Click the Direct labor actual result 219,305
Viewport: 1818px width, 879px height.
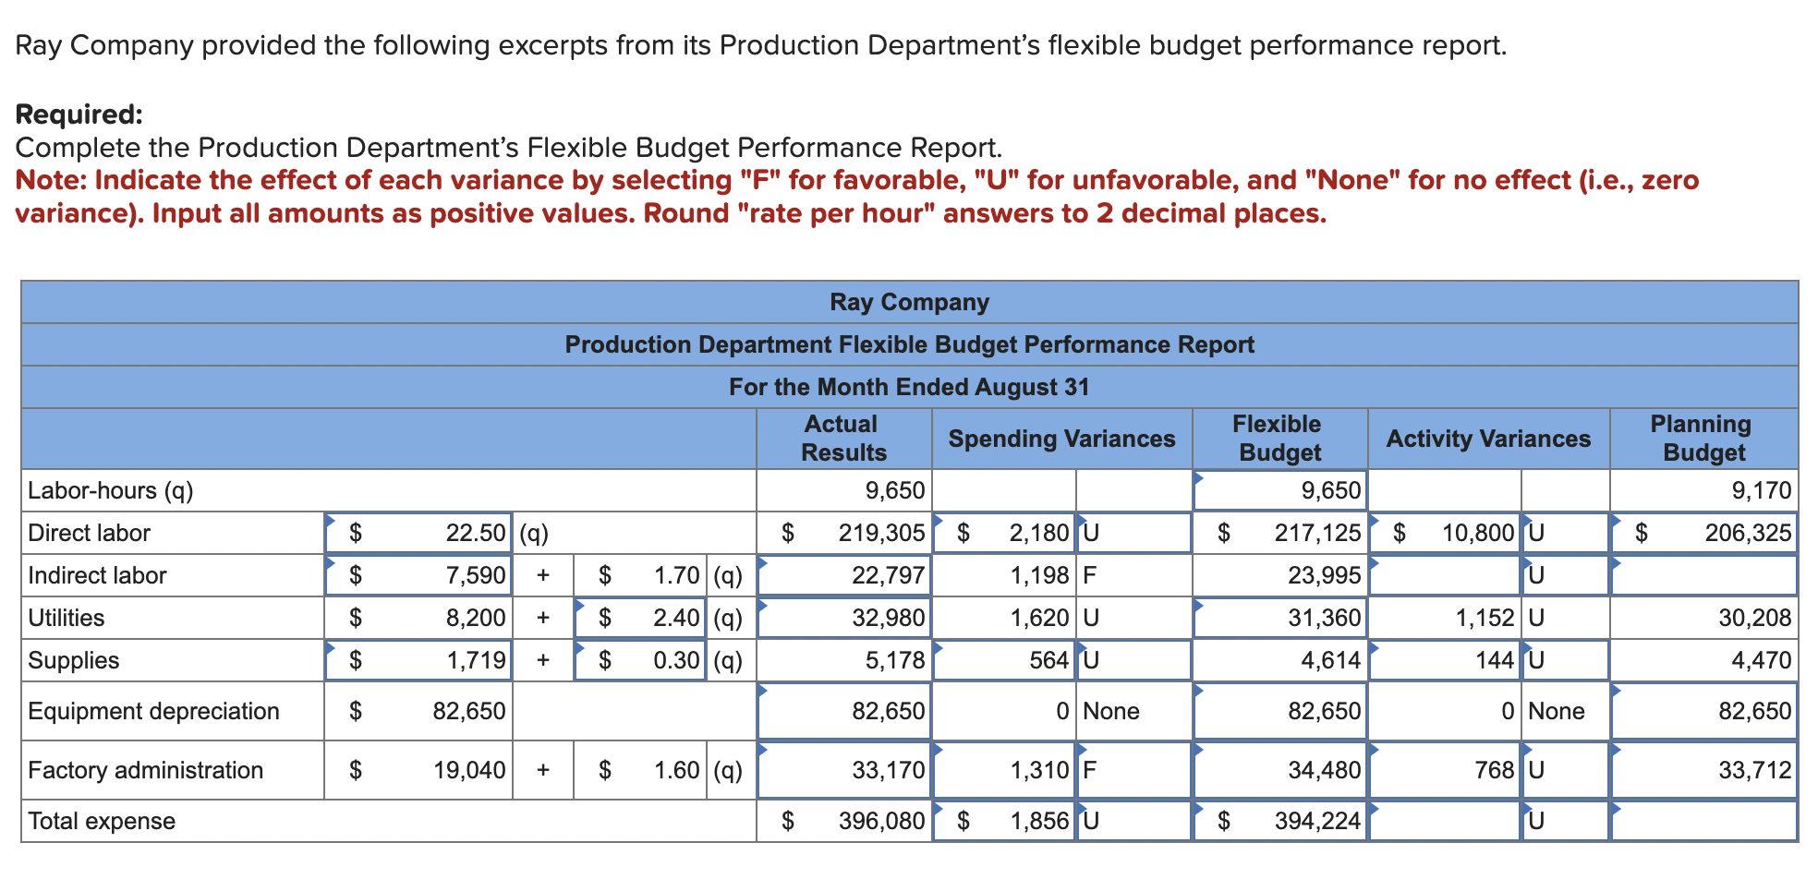tap(880, 533)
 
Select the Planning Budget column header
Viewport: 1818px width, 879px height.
tap(1703, 439)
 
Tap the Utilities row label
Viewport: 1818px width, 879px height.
tap(67, 618)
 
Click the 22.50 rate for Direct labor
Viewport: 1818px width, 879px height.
tap(475, 533)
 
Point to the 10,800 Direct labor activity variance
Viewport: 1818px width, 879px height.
tap(1477, 533)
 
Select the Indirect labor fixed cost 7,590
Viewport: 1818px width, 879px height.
tap(475, 575)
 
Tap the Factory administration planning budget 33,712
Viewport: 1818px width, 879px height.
tap(1753, 770)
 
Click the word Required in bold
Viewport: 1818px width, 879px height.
tap(79, 114)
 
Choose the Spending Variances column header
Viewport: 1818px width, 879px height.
tap(1061, 439)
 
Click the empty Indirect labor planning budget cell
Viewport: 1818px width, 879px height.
tap(1703, 575)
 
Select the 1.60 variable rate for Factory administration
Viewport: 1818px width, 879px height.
tap(676, 770)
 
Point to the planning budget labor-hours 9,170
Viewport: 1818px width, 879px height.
tap(1761, 490)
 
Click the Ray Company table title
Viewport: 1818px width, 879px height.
tap(909, 302)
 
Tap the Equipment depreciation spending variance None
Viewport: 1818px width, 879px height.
tap(1110, 711)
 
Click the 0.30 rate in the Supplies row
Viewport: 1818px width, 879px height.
tap(676, 660)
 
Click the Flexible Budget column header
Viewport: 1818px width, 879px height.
tap(1279, 439)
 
